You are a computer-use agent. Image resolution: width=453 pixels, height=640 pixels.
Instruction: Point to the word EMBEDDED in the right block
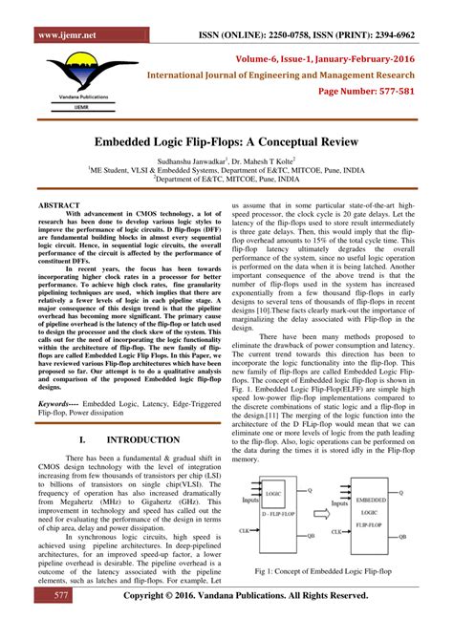pyautogui.click(x=376, y=500)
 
